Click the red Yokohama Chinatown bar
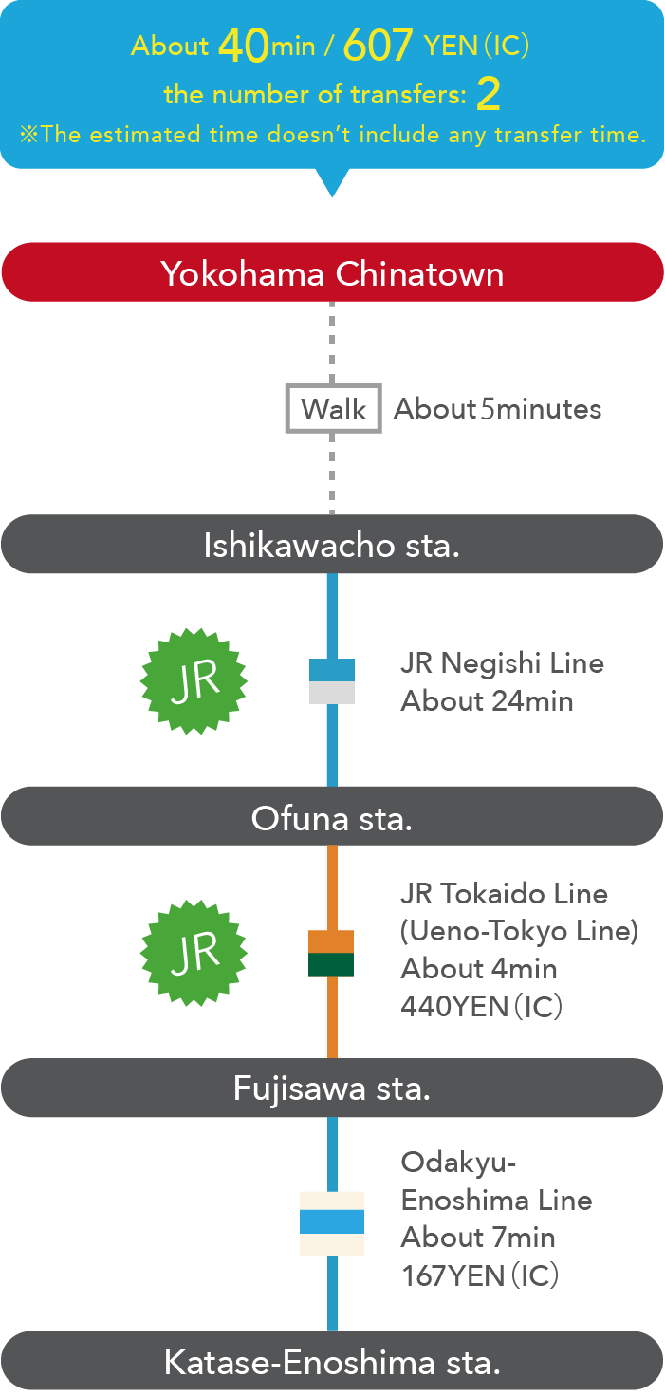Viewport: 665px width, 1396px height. pyautogui.click(x=332, y=272)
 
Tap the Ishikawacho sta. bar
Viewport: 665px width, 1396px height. pyautogui.click(x=332, y=545)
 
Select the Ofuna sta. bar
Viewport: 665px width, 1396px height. pyautogui.click(x=332, y=816)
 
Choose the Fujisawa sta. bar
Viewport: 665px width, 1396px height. pyautogui.click(x=332, y=1088)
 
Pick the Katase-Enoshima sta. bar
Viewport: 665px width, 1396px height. pyautogui.click(x=332, y=1362)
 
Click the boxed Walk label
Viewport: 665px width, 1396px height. pyautogui.click(x=333, y=409)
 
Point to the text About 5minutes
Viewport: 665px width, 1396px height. pyautogui.click(x=498, y=409)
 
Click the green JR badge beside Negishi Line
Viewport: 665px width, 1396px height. pyautogui.click(x=194, y=680)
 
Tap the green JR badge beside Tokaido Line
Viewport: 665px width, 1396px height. pyautogui.click(x=194, y=952)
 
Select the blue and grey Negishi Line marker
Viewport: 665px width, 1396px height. pyautogui.click(x=332, y=680)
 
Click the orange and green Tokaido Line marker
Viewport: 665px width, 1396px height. pyautogui.click(x=331, y=953)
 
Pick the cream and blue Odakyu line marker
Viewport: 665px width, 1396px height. pyautogui.click(x=332, y=1223)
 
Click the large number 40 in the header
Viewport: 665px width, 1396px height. pyautogui.click(x=244, y=45)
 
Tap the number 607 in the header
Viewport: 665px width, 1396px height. pyautogui.click(x=379, y=45)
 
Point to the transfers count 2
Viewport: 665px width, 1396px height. pyautogui.click(x=488, y=94)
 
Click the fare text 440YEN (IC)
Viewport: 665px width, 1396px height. pyautogui.click(x=482, y=1006)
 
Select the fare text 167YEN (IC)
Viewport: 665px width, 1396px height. pyautogui.click(x=480, y=1275)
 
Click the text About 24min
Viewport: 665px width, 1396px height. pyautogui.click(x=487, y=700)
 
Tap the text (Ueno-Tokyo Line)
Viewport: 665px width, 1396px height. pyautogui.click(x=519, y=931)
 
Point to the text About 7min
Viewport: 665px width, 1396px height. pyautogui.click(x=478, y=1238)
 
